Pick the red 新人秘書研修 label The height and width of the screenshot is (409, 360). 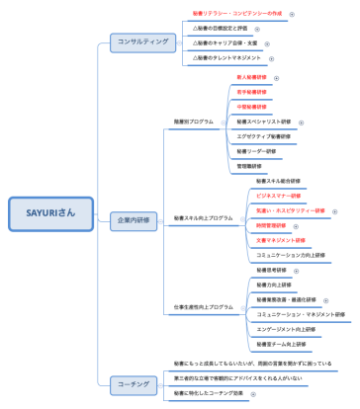[x=252, y=77]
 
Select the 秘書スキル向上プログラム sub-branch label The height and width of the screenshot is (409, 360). [x=203, y=217]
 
